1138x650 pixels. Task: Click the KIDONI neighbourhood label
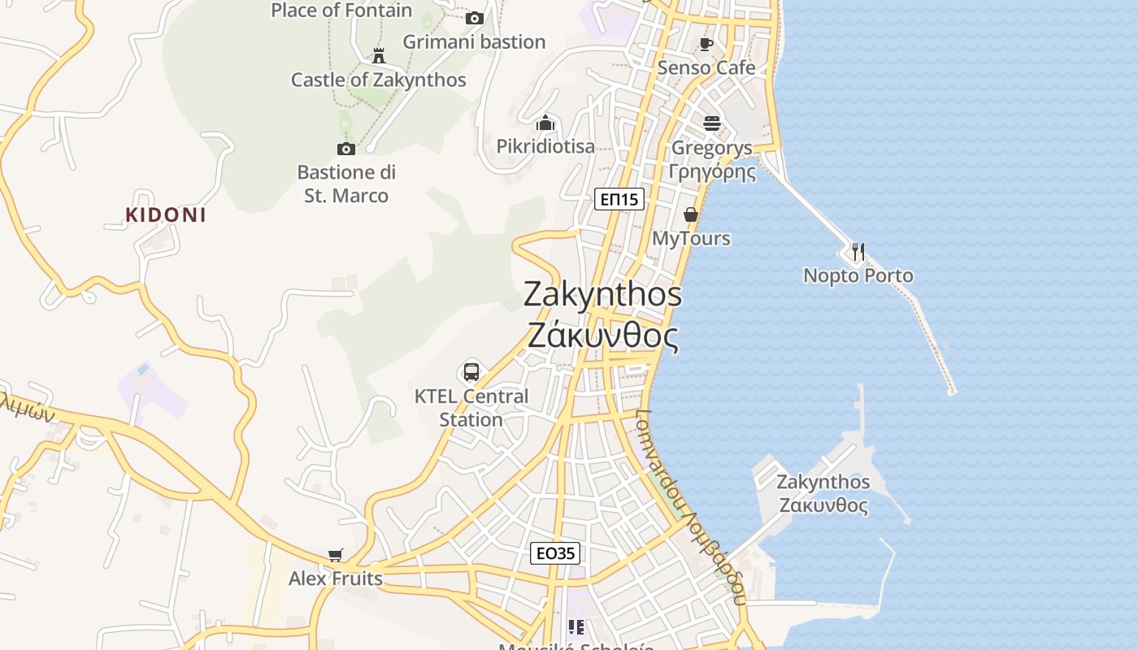click(x=166, y=214)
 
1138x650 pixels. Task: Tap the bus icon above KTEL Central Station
click(x=471, y=372)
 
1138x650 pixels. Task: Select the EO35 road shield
click(x=556, y=554)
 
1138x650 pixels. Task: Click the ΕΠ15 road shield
click(x=619, y=199)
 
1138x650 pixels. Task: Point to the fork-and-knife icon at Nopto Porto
click(x=858, y=251)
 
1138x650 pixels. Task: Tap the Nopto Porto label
click(x=858, y=275)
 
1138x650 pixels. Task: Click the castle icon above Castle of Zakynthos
click(x=378, y=56)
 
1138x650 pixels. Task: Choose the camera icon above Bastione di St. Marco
click(x=346, y=149)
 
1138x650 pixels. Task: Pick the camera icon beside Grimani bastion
click(x=475, y=18)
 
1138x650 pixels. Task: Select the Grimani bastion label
click(x=474, y=41)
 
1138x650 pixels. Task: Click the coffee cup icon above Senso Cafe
click(x=706, y=44)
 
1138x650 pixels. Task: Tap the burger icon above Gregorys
click(x=712, y=123)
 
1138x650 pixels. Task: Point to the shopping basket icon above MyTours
click(x=691, y=214)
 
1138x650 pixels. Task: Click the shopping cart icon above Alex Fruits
click(x=336, y=556)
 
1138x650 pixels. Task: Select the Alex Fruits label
click(x=336, y=578)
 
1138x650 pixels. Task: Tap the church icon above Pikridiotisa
click(x=545, y=123)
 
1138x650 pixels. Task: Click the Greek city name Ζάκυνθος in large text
click(x=602, y=335)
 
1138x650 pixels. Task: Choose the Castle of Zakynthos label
click(x=379, y=80)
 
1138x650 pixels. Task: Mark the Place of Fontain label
click(x=341, y=11)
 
